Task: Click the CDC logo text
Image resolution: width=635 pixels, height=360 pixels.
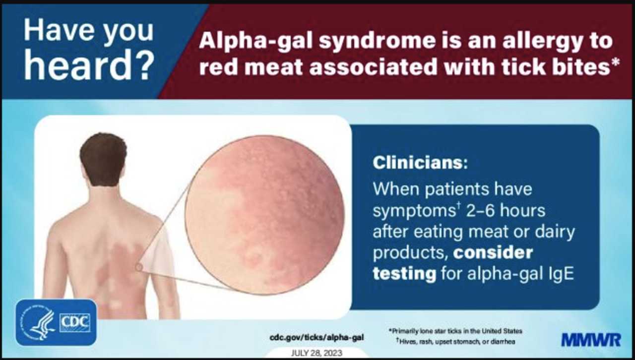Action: click(x=75, y=323)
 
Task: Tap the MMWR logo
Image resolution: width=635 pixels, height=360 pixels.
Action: click(x=591, y=340)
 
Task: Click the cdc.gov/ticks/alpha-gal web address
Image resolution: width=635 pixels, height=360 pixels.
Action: click(x=317, y=337)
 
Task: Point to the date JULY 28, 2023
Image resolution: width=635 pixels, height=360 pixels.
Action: click(x=317, y=353)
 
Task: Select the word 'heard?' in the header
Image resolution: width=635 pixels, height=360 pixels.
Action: click(x=89, y=65)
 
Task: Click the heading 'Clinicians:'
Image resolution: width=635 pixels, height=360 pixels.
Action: click(x=420, y=163)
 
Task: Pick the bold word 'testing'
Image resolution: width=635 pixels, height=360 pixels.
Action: click(x=404, y=274)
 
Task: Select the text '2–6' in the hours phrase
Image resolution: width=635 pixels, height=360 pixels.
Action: click(x=481, y=211)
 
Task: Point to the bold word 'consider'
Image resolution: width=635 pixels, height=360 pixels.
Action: click(x=493, y=252)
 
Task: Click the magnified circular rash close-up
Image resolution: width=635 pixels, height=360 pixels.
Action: click(x=265, y=215)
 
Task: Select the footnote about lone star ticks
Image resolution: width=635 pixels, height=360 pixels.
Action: click(x=455, y=331)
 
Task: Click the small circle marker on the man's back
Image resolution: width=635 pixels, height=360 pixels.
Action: click(x=138, y=267)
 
